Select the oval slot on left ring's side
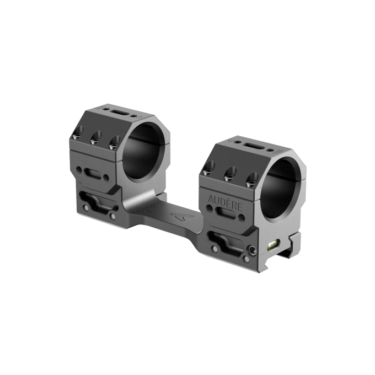[98, 174]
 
